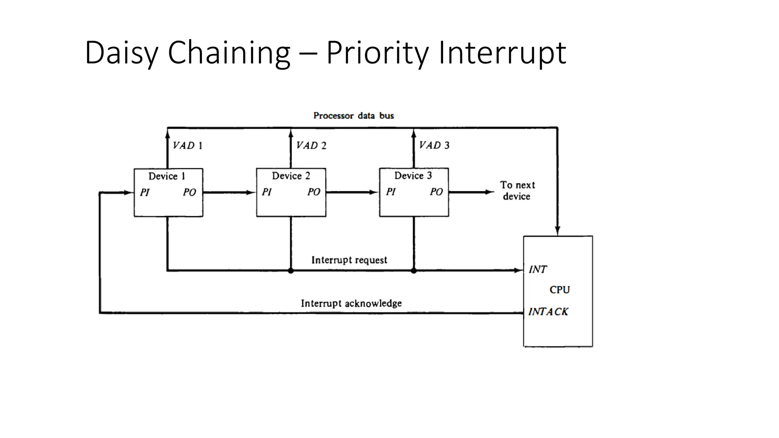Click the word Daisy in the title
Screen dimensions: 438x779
coord(121,53)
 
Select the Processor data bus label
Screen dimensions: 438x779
coord(353,116)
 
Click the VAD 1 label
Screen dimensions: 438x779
coord(188,146)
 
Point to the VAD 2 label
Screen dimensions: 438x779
coord(311,146)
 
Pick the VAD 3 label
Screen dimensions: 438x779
coord(434,145)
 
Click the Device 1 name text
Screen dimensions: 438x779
coord(167,176)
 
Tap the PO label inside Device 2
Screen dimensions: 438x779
coord(314,192)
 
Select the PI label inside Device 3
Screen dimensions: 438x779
coord(391,192)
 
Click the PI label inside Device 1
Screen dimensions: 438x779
coord(145,192)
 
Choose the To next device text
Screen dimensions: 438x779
coord(517,190)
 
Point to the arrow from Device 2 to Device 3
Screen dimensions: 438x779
coord(352,192)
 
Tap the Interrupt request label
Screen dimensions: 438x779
coord(349,260)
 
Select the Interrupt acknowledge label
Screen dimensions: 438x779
coord(351,303)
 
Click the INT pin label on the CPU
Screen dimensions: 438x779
coord(537,270)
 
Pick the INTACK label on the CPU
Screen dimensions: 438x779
coord(548,312)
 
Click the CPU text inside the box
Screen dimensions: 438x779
coord(560,290)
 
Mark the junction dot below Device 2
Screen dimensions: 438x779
coord(291,271)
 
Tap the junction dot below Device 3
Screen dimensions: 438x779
coord(414,271)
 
